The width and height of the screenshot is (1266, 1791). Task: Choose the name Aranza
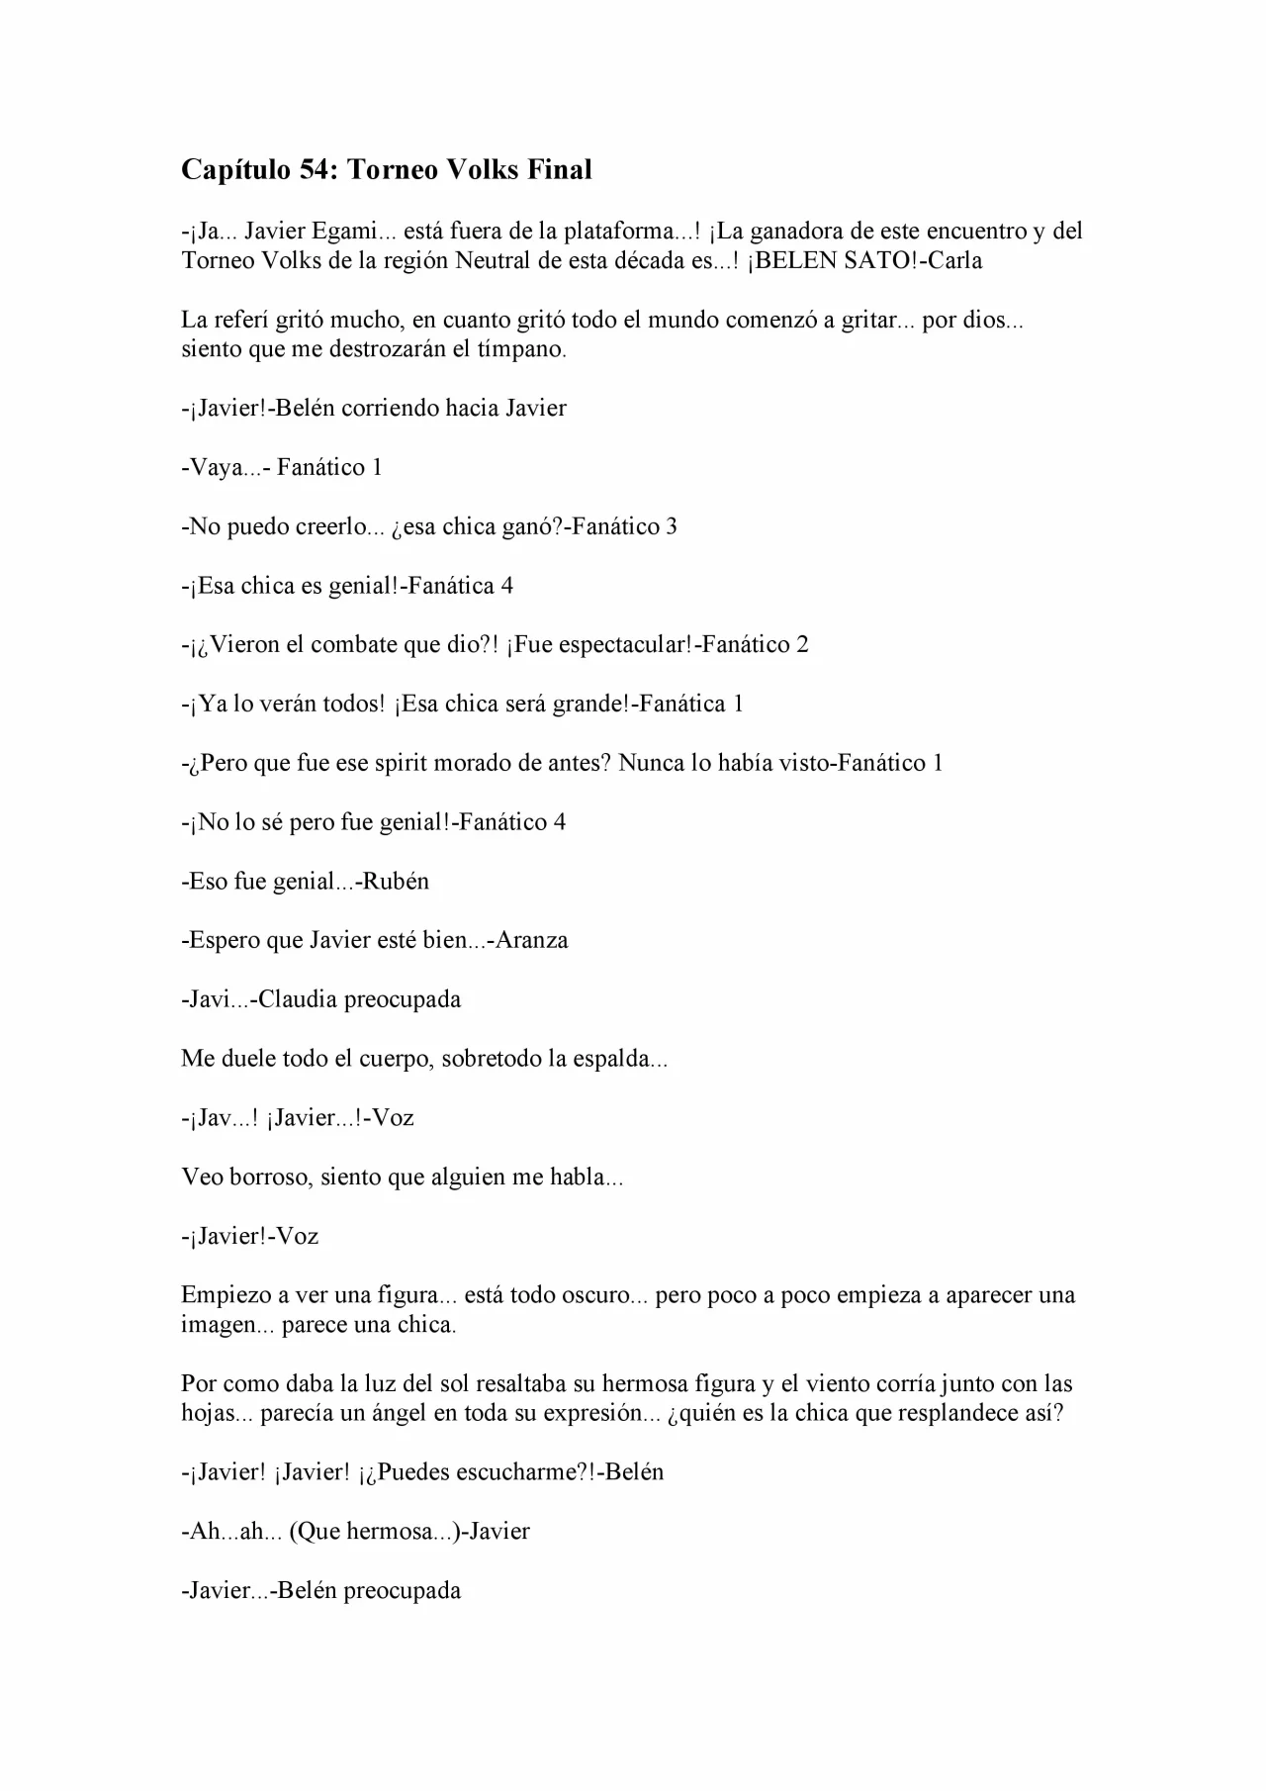(532, 940)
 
